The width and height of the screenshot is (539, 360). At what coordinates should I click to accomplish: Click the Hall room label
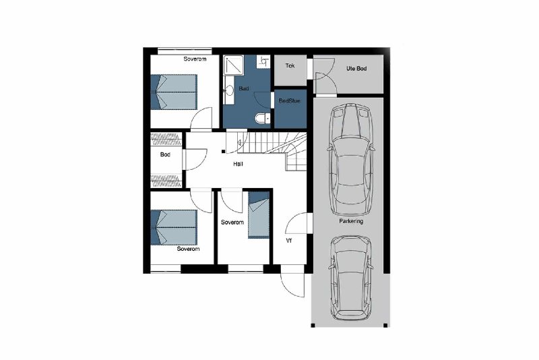[238, 164]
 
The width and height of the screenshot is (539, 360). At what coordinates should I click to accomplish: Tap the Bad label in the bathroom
[244, 88]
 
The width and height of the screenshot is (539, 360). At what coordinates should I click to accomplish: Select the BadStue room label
[290, 100]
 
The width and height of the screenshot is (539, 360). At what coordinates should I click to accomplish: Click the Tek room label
[290, 65]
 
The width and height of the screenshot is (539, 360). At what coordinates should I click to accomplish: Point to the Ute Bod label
[356, 68]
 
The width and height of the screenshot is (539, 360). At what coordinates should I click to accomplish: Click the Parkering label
[351, 221]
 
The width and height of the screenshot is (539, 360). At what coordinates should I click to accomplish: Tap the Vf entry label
[289, 241]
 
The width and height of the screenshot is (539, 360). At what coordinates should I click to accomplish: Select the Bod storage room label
[165, 154]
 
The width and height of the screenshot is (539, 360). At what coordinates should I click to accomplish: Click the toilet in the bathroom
[263, 119]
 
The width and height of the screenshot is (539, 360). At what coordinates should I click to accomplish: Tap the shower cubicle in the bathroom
[234, 65]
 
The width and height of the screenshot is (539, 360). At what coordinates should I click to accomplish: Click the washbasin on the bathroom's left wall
[228, 90]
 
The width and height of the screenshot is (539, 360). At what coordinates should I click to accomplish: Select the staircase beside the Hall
[272, 151]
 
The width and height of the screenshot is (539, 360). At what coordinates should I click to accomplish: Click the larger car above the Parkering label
[351, 159]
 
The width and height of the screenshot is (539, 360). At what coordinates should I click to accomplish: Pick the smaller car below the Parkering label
[350, 278]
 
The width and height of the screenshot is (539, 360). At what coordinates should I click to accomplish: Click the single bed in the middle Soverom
[259, 215]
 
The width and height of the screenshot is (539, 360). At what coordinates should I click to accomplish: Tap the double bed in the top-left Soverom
[174, 92]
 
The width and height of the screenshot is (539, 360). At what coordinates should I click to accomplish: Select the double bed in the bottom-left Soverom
[174, 227]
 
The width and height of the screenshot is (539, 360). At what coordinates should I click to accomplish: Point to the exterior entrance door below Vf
[293, 281]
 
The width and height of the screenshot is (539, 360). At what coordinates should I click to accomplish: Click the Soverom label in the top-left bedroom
[195, 59]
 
